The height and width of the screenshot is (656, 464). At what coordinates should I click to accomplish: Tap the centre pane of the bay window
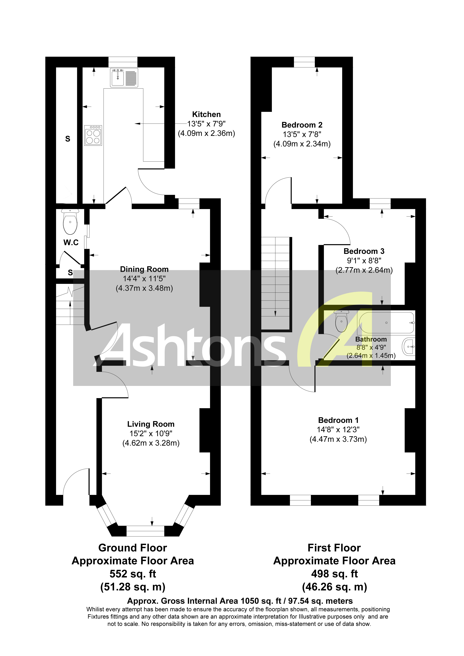[x=145, y=533]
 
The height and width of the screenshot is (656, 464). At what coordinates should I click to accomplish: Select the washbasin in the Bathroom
[x=409, y=347]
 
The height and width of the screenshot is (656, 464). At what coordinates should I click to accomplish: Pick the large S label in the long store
[x=68, y=139]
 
